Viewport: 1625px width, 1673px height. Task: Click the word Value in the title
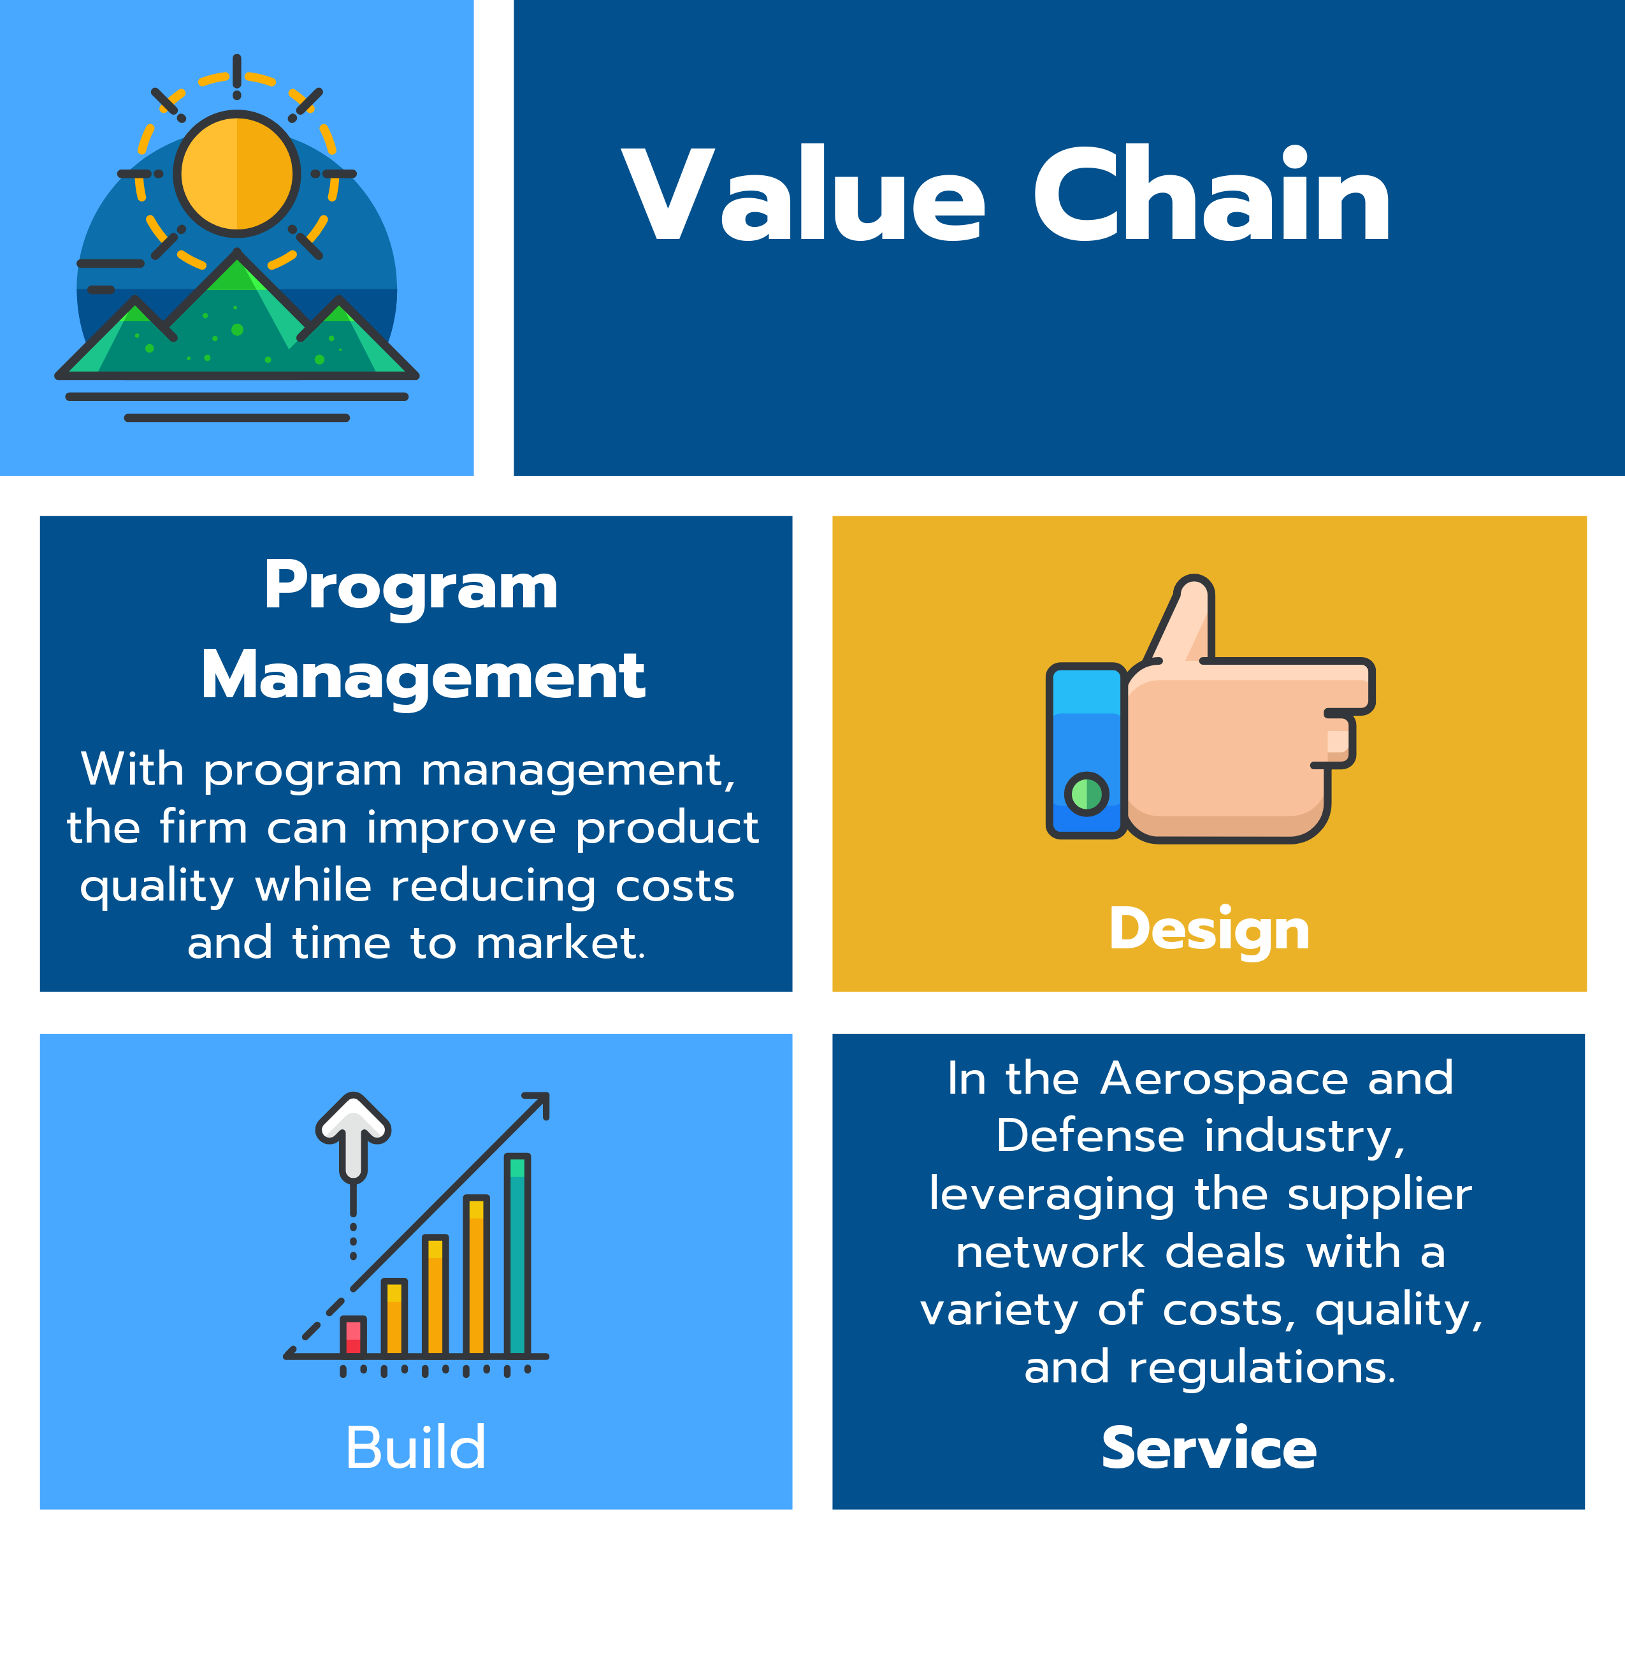coord(803,196)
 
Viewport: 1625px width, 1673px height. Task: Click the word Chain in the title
coord(1212,196)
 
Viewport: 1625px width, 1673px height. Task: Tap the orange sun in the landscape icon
coord(236,173)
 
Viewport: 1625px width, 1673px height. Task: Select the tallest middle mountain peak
coord(236,273)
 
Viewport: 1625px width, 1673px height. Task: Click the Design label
coord(1208,929)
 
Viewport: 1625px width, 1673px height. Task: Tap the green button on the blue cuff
coord(1087,794)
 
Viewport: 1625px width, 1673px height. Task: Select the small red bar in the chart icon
coord(352,1336)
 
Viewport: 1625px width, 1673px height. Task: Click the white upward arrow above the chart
coord(353,1131)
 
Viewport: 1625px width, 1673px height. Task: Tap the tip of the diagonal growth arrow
coord(544,1097)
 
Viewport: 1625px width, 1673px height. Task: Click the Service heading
coord(1208,1449)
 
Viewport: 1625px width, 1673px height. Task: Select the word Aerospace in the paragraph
coord(1224,1078)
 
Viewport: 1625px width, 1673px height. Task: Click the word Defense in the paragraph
coord(1090,1136)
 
